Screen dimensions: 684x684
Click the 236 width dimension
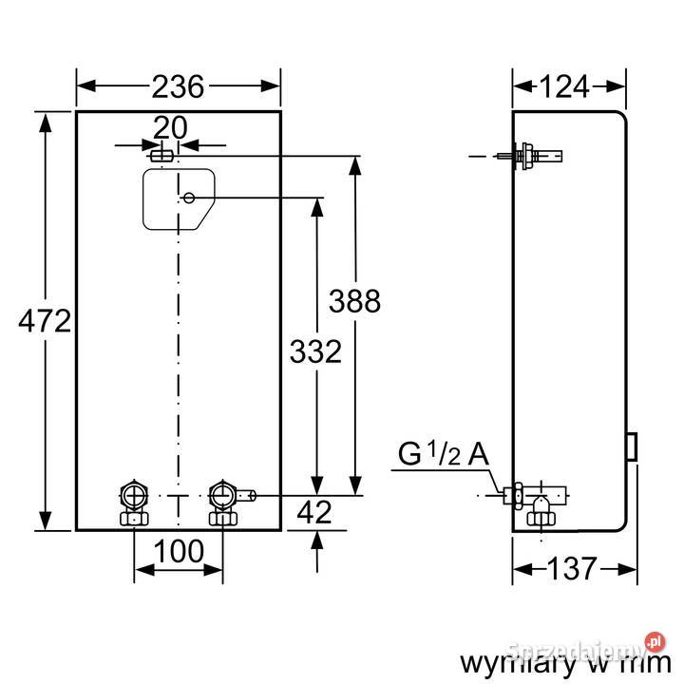[x=178, y=87]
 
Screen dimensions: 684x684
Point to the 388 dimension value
[x=354, y=301]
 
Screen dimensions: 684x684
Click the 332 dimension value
[x=314, y=352]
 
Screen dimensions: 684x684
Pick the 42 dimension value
[x=314, y=513]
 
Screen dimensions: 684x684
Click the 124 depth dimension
[x=568, y=87]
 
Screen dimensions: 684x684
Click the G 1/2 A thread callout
[x=443, y=455]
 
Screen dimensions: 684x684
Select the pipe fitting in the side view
[x=540, y=501]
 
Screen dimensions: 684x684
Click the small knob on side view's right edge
[x=631, y=444]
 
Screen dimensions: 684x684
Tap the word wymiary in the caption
[x=509, y=661]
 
